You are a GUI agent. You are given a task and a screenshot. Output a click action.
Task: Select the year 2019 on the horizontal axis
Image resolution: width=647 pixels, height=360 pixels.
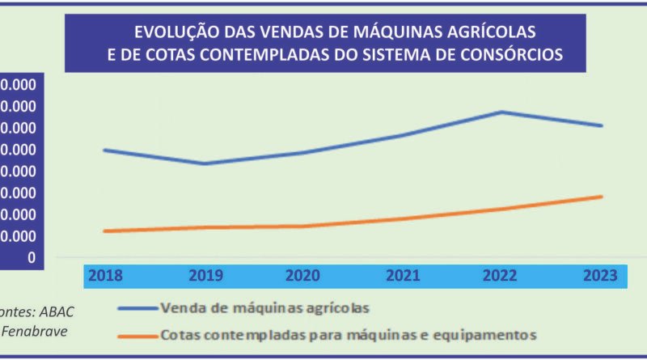[x=205, y=275]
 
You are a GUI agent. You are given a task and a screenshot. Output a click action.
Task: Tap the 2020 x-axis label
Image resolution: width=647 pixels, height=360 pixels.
[x=304, y=275]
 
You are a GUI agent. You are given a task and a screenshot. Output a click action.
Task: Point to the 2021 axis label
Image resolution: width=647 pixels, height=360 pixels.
[x=403, y=275]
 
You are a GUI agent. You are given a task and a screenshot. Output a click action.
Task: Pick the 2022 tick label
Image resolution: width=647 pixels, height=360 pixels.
[x=502, y=275]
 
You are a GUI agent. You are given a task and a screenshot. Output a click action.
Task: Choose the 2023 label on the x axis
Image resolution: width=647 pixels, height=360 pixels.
[x=601, y=275]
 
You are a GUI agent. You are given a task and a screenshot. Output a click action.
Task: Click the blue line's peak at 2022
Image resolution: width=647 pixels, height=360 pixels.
[x=502, y=112]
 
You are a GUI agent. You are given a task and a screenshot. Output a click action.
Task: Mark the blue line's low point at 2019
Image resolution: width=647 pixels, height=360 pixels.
[x=205, y=163]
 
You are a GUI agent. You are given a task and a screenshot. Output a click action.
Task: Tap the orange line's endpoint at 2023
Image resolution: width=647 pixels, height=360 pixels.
[x=602, y=197]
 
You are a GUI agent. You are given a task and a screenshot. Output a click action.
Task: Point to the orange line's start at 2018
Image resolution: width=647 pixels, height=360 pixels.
[x=104, y=231]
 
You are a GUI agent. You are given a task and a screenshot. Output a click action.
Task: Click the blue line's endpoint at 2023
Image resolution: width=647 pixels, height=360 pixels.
[x=602, y=125]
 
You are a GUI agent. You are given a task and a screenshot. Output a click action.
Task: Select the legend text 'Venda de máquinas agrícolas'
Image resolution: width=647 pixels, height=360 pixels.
[x=265, y=308]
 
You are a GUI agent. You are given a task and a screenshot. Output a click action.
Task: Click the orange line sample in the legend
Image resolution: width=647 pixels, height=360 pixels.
[x=137, y=333]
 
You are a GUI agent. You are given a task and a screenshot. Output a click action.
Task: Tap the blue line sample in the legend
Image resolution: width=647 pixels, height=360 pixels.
[x=137, y=308]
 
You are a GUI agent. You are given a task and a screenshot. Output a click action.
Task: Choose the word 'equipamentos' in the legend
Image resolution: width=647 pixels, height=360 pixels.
[x=495, y=333]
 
